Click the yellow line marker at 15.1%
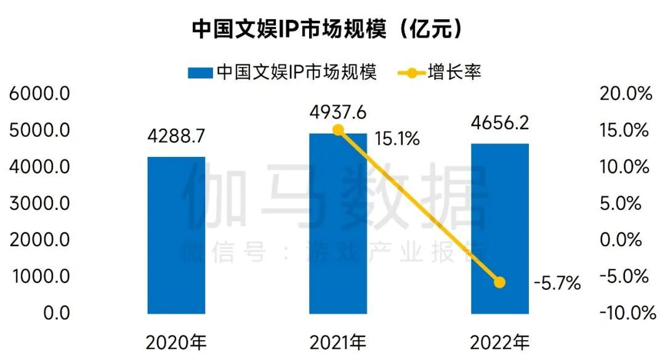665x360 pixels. pos(338,130)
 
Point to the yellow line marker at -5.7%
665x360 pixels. pos(499,282)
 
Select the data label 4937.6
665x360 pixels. pos(338,113)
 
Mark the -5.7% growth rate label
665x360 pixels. pos(557,284)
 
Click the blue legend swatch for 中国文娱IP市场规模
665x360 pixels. pos(200,73)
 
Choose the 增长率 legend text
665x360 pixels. pos(454,73)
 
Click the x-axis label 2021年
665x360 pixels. pos(337,342)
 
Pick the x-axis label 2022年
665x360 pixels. pos(499,342)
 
